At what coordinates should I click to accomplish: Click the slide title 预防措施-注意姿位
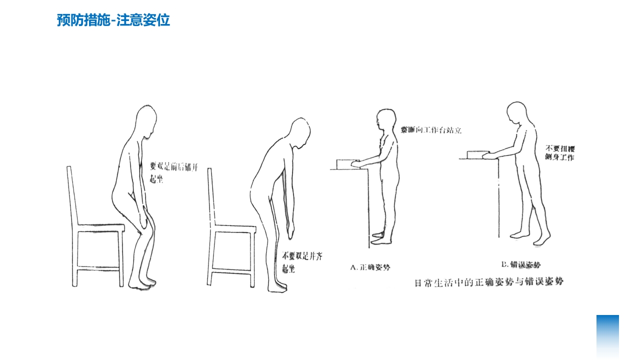pyautogui.click(x=113, y=20)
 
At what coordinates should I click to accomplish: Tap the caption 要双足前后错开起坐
pyautogui.click(x=174, y=173)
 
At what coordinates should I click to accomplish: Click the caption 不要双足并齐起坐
pyautogui.click(x=302, y=262)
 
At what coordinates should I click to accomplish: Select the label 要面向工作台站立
pyautogui.click(x=430, y=130)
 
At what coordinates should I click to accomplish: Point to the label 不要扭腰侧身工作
pyautogui.click(x=559, y=153)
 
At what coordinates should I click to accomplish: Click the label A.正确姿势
pyautogui.click(x=370, y=267)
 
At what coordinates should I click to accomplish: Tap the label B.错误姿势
pyautogui.click(x=520, y=264)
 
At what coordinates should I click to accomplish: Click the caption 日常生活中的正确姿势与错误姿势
pyautogui.click(x=489, y=282)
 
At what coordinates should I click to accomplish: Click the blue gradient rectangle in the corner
pyautogui.click(x=607, y=336)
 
